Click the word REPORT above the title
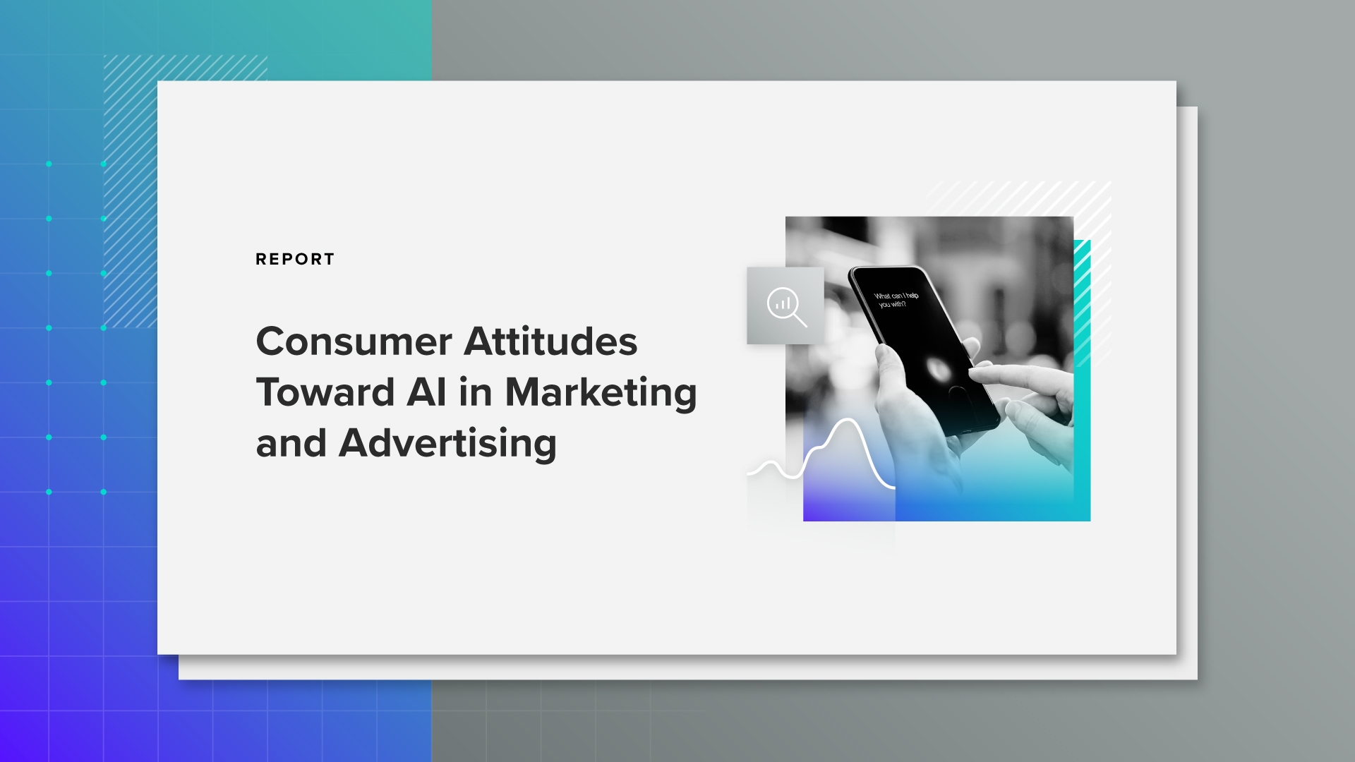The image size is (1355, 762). tap(295, 259)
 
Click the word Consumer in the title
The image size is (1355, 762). tap(354, 341)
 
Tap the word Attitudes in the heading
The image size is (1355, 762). tap(550, 341)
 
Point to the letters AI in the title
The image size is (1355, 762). tap(426, 392)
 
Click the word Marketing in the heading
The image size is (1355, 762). tap(601, 394)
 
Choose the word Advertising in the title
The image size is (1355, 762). tap(448, 444)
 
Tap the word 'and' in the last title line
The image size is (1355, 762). tap(291, 444)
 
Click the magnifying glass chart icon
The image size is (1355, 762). tap(785, 306)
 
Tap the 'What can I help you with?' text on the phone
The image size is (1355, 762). tap(896, 300)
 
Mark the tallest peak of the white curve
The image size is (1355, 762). tap(848, 421)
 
